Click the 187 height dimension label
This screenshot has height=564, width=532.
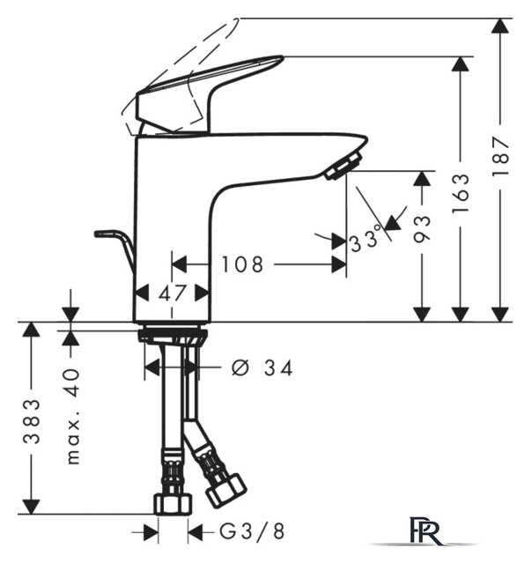[500, 156]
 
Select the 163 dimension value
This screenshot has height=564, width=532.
[461, 193]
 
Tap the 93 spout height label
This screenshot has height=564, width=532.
[422, 229]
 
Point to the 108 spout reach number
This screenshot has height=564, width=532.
[242, 264]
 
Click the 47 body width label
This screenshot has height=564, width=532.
[172, 293]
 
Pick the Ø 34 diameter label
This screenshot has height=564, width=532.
[262, 368]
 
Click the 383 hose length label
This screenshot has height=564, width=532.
[32, 421]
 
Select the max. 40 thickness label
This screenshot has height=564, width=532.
[73, 416]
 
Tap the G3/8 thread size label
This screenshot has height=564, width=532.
[252, 531]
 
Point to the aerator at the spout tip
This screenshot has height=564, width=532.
[343, 166]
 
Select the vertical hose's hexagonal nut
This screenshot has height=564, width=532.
[173, 504]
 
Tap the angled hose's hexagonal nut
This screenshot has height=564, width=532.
[226, 492]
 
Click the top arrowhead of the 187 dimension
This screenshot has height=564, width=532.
[500, 26]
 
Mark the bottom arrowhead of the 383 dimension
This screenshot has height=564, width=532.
[32, 507]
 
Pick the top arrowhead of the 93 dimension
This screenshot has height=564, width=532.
[422, 178]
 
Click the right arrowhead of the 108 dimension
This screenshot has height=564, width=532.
[338, 264]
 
